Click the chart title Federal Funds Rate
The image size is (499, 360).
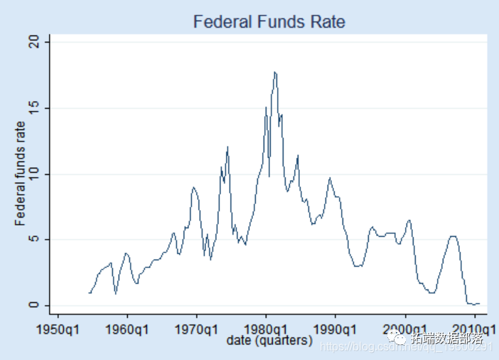269,22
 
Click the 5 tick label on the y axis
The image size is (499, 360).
43,240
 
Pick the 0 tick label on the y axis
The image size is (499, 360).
43,305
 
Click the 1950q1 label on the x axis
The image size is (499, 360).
58,329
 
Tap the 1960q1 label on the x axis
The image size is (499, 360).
127,329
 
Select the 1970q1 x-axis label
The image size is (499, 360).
197,329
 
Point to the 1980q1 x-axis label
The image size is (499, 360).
266,329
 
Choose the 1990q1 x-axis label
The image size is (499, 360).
336,329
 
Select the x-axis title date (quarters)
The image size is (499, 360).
269,342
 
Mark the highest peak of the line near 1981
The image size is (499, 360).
274,72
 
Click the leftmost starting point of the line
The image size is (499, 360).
89,292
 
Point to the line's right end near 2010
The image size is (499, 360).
480,304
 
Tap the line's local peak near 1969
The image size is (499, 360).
193,187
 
